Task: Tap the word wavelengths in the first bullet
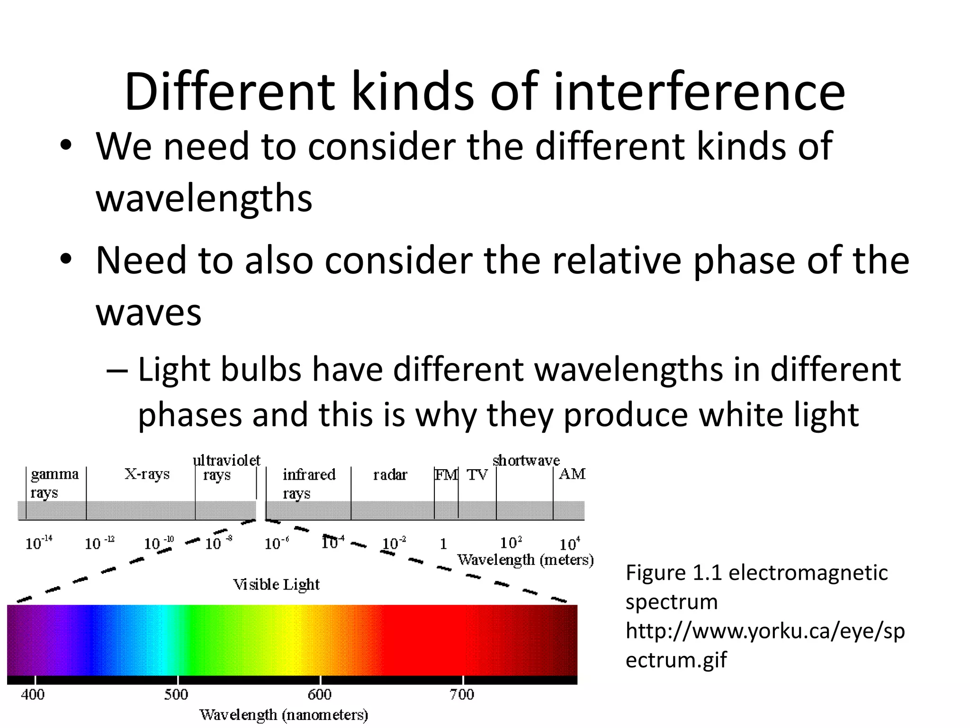(204, 198)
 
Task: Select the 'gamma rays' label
(54, 482)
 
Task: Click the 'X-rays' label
(147, 474)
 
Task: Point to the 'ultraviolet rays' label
(226, 467)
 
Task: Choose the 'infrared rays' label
(308, 482)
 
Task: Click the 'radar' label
(390, 474)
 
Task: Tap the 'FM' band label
(446, 474)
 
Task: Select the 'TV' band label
(476, 474)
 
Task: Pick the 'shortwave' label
(526, 460)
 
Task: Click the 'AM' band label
(572, 474)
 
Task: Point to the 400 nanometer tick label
(33, 695)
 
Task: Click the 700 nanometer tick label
(462, 695)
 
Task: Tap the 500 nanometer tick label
(176, 695)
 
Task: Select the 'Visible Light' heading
(276, 584)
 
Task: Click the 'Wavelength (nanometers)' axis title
(283, 715)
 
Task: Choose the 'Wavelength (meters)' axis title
(525, 560)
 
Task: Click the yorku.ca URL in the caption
(764, 645)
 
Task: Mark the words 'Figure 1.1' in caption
(674, 573)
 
